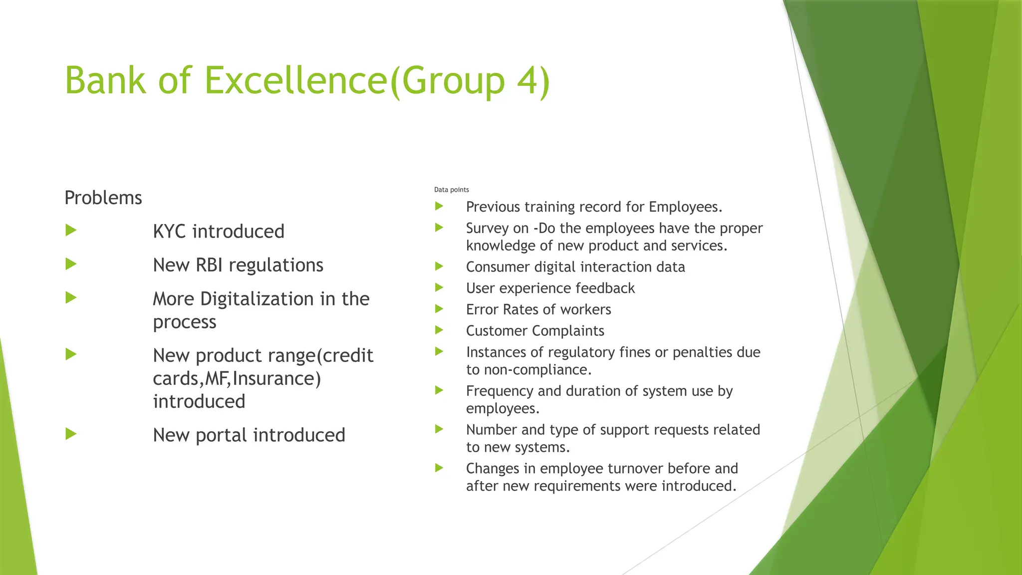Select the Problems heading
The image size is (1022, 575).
click(103, 198)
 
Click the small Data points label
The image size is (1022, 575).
click(451, 190)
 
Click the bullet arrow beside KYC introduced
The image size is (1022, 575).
click(71, 230)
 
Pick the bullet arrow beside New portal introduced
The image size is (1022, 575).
click(71, 434)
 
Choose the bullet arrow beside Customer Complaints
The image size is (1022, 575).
click(439, 330)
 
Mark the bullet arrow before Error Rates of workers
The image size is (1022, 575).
click(439, 308)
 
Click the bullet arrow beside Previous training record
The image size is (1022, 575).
click(439, 206)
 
